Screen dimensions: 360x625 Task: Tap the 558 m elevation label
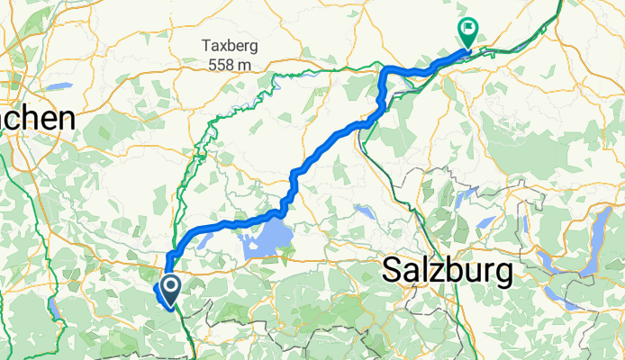point(230,65)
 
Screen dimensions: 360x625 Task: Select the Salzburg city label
point(448,269)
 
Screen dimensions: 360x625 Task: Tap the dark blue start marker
point(168,287)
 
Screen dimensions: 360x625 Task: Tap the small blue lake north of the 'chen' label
point(58,87)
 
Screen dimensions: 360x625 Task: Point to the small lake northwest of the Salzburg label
point(365,212)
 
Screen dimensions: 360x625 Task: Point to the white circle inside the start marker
point(168,285)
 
